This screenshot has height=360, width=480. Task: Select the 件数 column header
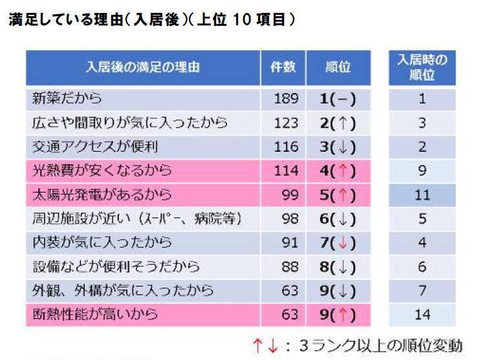(x=283, y=68)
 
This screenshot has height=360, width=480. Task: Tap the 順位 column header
(x=338, y=68)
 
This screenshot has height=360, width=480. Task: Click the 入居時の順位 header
(x=422, y=67)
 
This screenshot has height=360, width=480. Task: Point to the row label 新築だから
(x=67, y=99)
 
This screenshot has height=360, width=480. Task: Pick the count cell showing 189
(x=286, y=99)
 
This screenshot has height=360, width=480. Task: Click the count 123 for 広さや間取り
(x=286, y=123)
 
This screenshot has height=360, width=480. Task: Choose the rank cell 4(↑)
(x=338, y=171)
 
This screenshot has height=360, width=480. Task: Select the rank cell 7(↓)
(x=338, y=243)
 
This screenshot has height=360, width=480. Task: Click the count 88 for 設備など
(x=290, y=267)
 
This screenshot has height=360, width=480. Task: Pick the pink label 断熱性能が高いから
(x=94, y=315)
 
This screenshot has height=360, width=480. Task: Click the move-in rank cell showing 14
(x=422, y=315)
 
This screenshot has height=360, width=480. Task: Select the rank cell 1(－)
(x=338, y=99)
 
